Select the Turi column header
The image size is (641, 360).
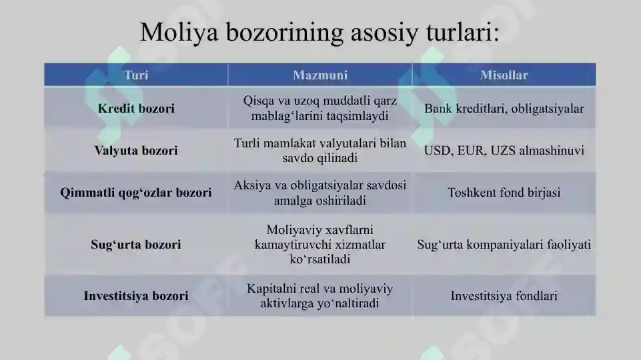click(x=136, y=75)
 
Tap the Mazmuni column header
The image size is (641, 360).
click(x=320, y=75)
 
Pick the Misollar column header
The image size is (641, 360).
click(x=504, y=75)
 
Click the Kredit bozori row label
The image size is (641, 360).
click(x=136, y=108)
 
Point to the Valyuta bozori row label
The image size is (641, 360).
click(x=136, y=151)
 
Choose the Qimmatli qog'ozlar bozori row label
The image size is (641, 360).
click(x=136, y=193)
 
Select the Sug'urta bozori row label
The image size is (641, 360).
click(x=136, y=244)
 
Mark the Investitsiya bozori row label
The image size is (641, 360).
click(x=136, y=295)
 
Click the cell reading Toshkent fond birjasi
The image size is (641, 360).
click(x=504, y=193)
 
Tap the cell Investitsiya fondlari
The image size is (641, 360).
click(x=504, y=295)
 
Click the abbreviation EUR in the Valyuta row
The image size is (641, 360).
click(x=471, y=151)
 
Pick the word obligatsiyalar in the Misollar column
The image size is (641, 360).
click(x=545, y=108)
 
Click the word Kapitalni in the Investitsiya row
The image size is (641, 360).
click(x=272, y=289)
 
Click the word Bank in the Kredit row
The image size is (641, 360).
click(x=437, y=108)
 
